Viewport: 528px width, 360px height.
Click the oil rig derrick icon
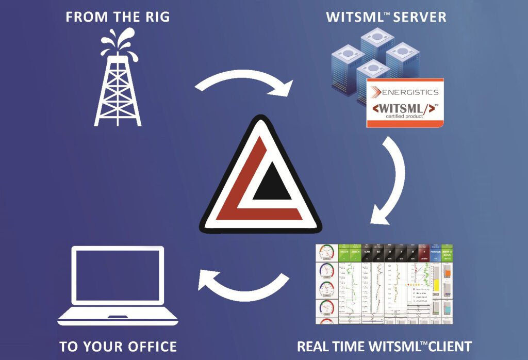118,88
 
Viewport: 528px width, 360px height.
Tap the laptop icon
118,286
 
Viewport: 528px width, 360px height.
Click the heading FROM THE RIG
118,17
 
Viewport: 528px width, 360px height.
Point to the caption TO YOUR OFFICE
118,346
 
